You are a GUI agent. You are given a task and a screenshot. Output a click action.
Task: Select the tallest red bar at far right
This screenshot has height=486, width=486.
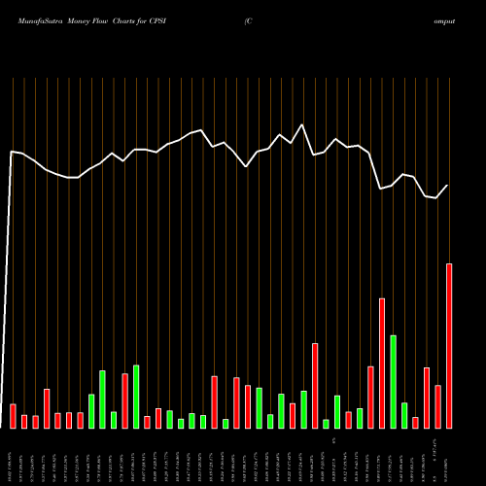[449, 345]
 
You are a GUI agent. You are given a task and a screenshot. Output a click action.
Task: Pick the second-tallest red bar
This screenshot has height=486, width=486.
[382, 363]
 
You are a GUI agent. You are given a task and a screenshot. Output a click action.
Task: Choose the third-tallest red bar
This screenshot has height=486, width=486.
[315, 385]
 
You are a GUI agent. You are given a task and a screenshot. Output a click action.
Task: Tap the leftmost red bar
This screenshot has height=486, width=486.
[13, 416]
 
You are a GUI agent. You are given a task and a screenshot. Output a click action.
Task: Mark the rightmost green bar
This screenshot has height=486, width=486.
[404, 415]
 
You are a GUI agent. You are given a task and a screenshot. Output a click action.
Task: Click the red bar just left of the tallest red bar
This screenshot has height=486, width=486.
[437, 406]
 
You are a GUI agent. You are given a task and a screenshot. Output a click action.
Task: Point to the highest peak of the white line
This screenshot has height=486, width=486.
[302, 125]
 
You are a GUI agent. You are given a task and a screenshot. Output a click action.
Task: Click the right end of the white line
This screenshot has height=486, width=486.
[448, 186]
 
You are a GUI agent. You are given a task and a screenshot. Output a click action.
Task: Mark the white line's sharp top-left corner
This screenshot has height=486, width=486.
[12, 153]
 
